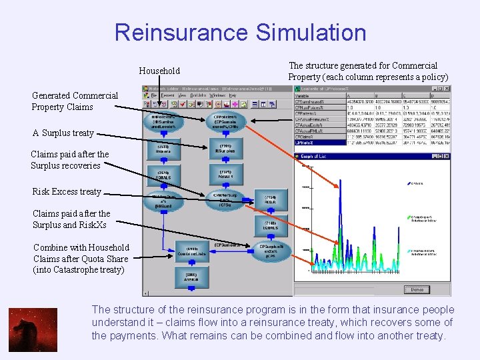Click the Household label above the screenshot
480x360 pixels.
tap(159, 71)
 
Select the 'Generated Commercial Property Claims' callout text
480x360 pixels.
tap(75, 101)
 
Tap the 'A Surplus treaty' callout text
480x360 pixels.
tap(63, 133)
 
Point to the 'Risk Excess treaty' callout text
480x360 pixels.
tap(67, 191)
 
